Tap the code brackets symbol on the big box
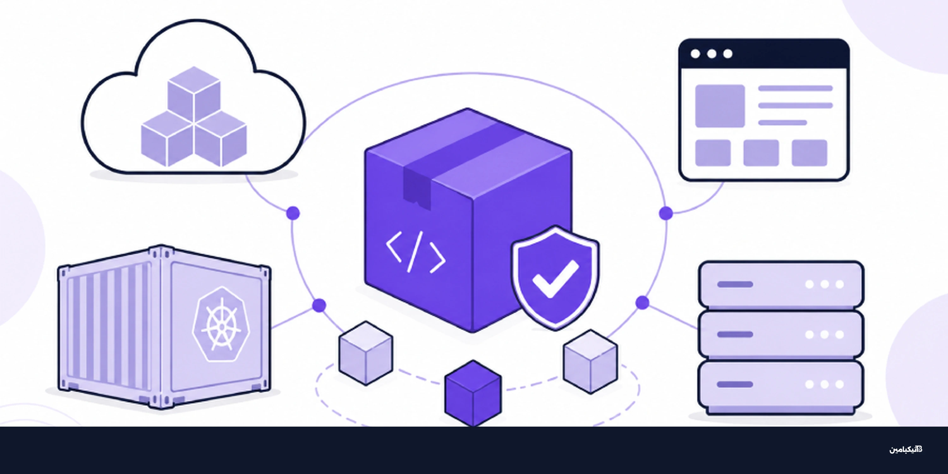click(416, 252)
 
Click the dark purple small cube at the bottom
click(473, 393)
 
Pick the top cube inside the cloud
click(194, 94)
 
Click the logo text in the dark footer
click(906, 449)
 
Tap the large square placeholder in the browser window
click(720, 106)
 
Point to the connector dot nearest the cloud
click(293, 213)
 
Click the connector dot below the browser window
click(666, 213)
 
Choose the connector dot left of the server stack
click(642, 302)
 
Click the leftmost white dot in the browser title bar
click(695, 54)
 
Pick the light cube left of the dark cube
click(366, 353)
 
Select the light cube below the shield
click(591, 362)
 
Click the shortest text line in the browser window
click(782, 123)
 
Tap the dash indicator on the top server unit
click(735, 284)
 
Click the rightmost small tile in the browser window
click(810, 153)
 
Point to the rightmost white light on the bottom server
click(839, 385)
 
